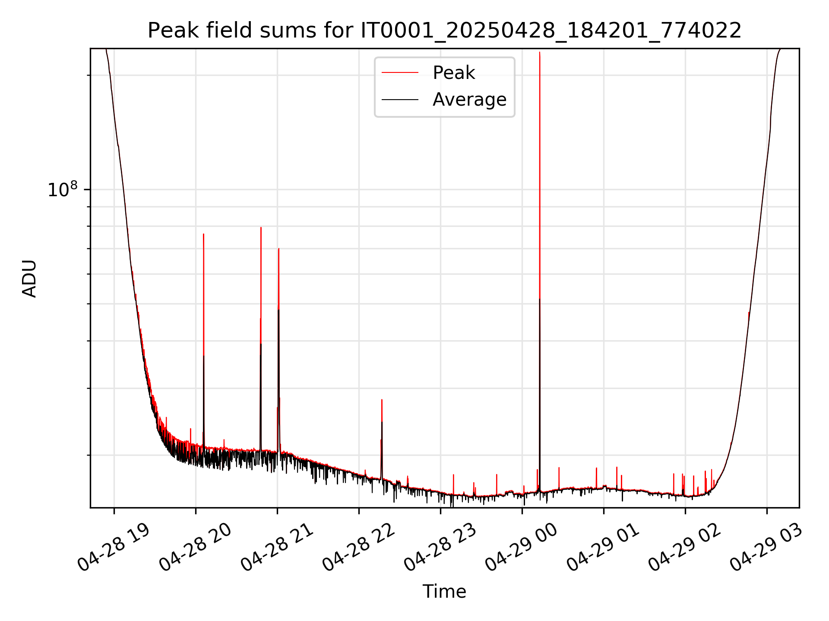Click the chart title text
[445, 31]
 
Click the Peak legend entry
[453, 73]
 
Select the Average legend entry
[469, 100]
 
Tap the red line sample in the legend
[400, 73]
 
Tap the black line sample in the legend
[400, 100]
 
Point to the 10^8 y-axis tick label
[63, 190]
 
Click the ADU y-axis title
[29, 279]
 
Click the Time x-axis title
[444, 592]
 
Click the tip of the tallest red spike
[540, 53]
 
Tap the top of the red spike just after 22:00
[382, 400]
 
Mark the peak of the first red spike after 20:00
[203, 234]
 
